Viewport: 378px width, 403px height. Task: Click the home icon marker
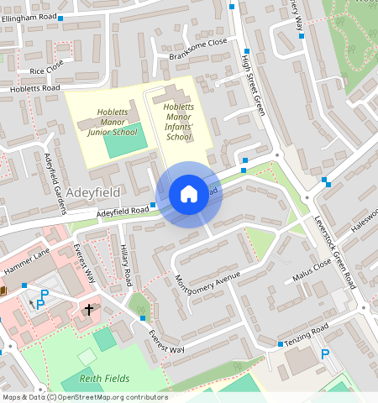[x=189, y=194]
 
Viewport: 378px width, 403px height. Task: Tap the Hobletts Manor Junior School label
[x=112, y=121]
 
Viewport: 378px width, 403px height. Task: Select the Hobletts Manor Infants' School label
[x=179, y=122]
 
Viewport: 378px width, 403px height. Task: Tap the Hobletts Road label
[x=35, y=87]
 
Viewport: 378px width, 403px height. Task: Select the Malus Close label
[x=311, y=270]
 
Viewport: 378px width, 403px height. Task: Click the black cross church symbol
[x=89, y=310]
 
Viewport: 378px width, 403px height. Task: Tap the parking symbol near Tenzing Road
[x=324, y=354]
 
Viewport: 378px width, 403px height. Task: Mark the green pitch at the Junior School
[x=123, y=144]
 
